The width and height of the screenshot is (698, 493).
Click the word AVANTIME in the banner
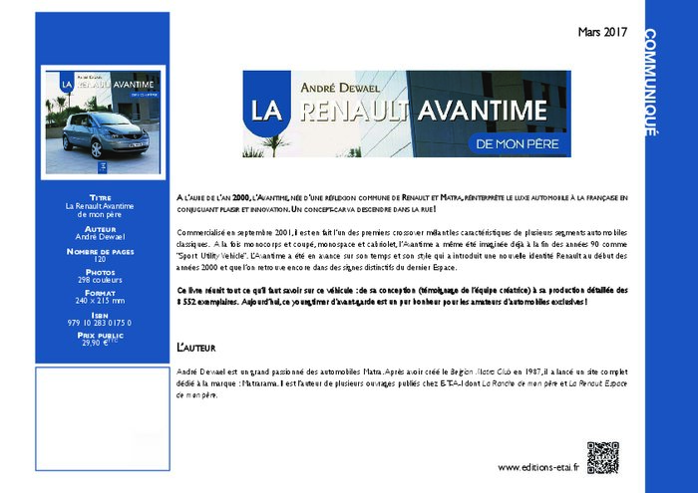coord(482,110)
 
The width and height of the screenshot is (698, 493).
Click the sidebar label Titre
coord(100,197)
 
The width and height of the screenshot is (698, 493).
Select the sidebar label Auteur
coord(100,229)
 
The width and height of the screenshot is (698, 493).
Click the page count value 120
coord(100,259)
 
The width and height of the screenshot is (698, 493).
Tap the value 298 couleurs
coord(100,281)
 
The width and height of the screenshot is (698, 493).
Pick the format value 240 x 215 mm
coord(100,302)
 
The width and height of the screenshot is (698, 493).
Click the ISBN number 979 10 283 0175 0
coord(100,323)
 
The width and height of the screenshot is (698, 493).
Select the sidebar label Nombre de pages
coord(100,251)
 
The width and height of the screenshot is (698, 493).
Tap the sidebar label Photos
coord(100,272)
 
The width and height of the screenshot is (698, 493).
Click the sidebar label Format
coord(100,294)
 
